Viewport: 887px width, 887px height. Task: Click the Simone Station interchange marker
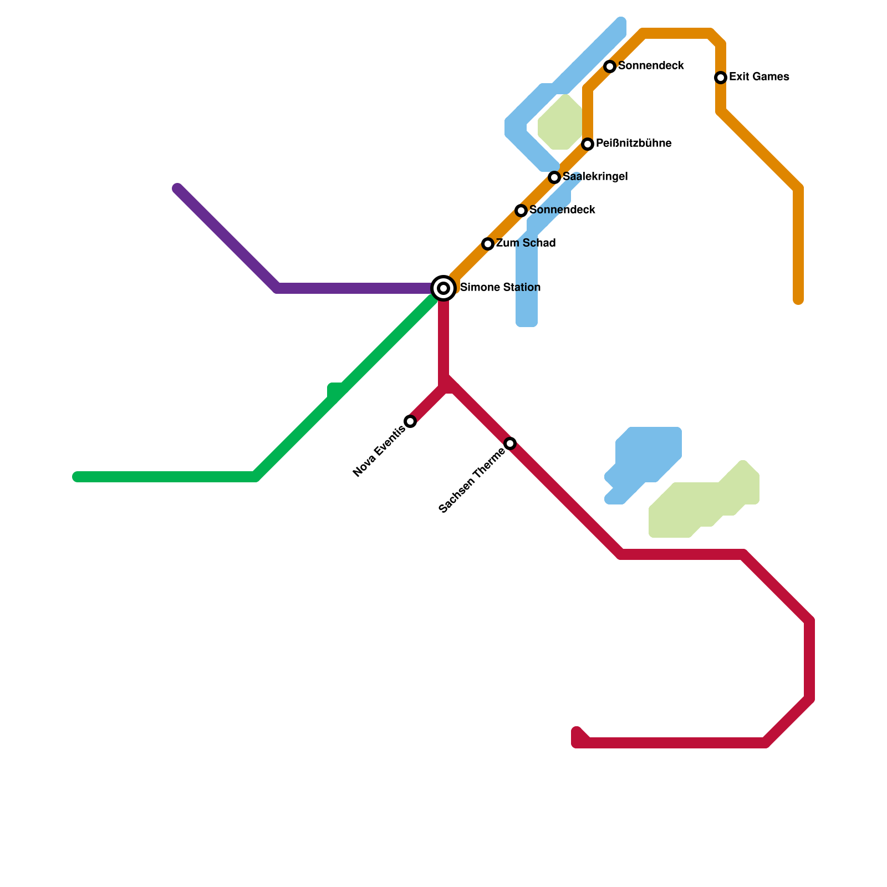(443, 288)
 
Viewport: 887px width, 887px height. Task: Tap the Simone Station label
(500, 288)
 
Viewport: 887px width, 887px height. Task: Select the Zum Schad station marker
(488, 244)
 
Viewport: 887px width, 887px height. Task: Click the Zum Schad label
(526, 243)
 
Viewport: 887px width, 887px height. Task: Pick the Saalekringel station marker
(554, 177)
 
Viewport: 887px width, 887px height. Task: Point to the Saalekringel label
(595, 177)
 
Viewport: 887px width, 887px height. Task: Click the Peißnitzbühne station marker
(588, 144)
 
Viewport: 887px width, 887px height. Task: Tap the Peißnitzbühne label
(634, 144)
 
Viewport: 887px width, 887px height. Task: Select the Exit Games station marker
(721, 78)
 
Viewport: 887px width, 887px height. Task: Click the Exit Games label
(759, 77)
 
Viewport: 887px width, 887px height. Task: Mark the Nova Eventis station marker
(410, 421)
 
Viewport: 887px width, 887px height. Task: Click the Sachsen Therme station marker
(510, 443)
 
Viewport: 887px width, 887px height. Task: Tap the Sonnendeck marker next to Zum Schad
(521, 211)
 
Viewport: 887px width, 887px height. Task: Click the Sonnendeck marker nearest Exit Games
(610, 67)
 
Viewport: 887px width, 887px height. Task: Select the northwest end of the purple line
(177, 188)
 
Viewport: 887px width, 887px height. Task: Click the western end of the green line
(77, 477)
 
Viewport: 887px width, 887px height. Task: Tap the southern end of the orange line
(798, 300)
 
